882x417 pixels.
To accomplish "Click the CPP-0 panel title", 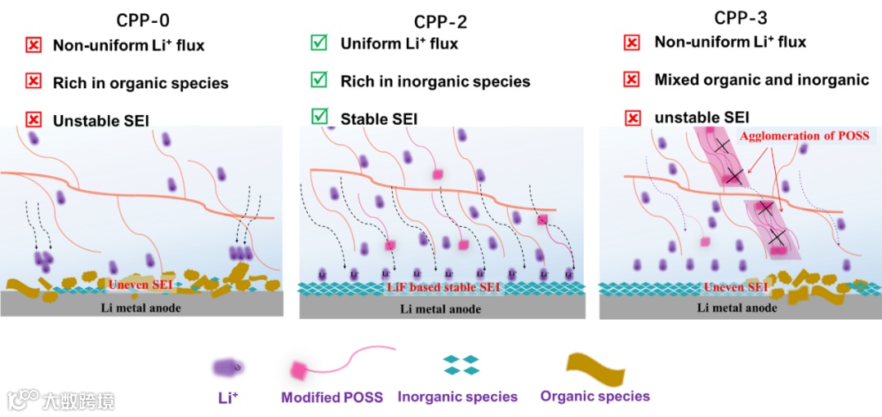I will (x=143, y=19).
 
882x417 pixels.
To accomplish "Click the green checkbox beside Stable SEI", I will (x=318, y=118).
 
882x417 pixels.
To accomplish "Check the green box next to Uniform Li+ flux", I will (x=318, y=42).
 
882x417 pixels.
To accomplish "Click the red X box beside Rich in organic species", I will (x=33, y=82).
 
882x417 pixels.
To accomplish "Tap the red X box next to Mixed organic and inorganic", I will (x=631, y=80).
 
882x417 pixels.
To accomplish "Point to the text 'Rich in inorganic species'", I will (x=435, y=82).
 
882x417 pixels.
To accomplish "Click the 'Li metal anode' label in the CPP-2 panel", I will (x=440, y=309).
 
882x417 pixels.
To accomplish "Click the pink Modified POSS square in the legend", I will (x=299, y=371).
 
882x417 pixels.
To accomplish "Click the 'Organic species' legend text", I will (x=595, y=397).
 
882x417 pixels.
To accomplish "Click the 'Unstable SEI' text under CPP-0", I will (x=101, y=121).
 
